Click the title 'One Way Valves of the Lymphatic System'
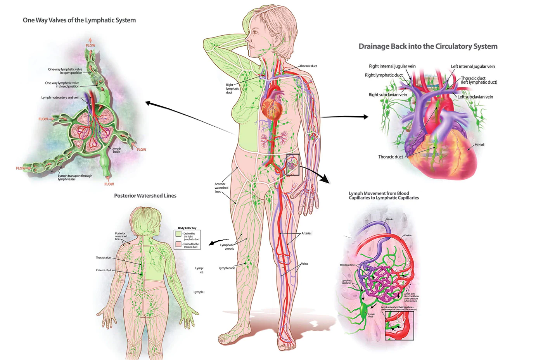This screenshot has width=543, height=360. pos(79,20)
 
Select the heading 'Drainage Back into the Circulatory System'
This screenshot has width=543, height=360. pos(428,47)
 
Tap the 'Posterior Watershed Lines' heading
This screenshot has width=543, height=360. pos(145,196)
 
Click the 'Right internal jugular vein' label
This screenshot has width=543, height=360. pos(392,66)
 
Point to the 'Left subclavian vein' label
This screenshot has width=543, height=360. pos(475,97)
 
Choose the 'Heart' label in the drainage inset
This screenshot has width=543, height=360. pos(479,145)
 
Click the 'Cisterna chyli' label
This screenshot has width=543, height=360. pos(104,270)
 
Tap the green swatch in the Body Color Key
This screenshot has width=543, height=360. pos(178,234)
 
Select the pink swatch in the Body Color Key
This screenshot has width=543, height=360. pos(178,245)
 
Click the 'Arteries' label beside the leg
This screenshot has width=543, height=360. pos(306,233)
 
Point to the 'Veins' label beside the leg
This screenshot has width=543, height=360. pos(304,264)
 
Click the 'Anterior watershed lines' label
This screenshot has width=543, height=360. pos(221,188)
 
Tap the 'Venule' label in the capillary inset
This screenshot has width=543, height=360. pos(389,219)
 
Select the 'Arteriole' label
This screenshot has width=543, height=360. pos(407,235)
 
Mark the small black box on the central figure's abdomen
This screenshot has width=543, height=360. pos(293,165)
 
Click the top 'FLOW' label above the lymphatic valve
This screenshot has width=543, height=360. pos(90,45)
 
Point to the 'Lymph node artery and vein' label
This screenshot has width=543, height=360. pos(60,98)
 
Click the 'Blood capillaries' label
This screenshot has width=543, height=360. pos(348,265)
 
